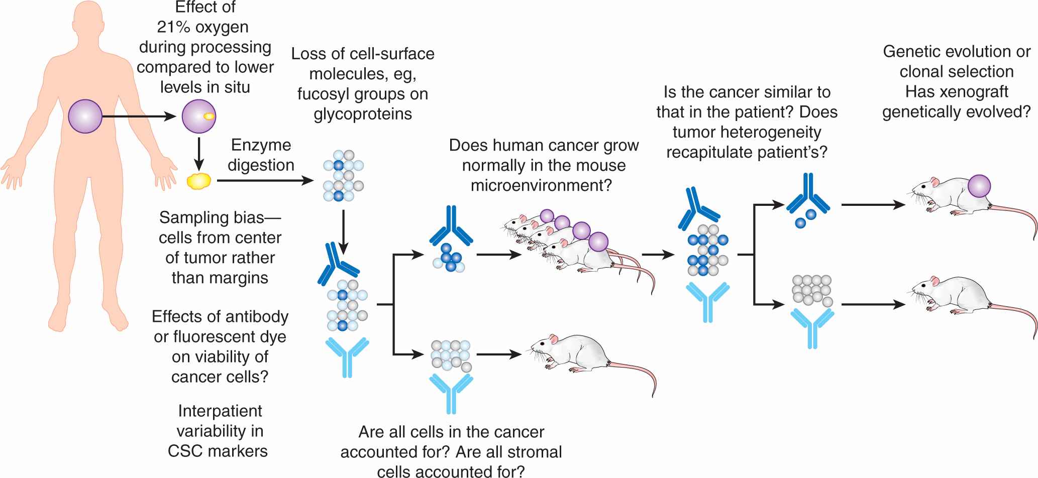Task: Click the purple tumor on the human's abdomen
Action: point(85,116)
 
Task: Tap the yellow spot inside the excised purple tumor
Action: point(209,116)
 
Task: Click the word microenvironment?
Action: point(541,185)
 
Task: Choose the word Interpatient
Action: point(220,411)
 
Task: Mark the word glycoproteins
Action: point(363,114)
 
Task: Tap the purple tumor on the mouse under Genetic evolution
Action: point(979,186)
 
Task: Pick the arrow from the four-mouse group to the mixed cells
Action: point(658,255)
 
